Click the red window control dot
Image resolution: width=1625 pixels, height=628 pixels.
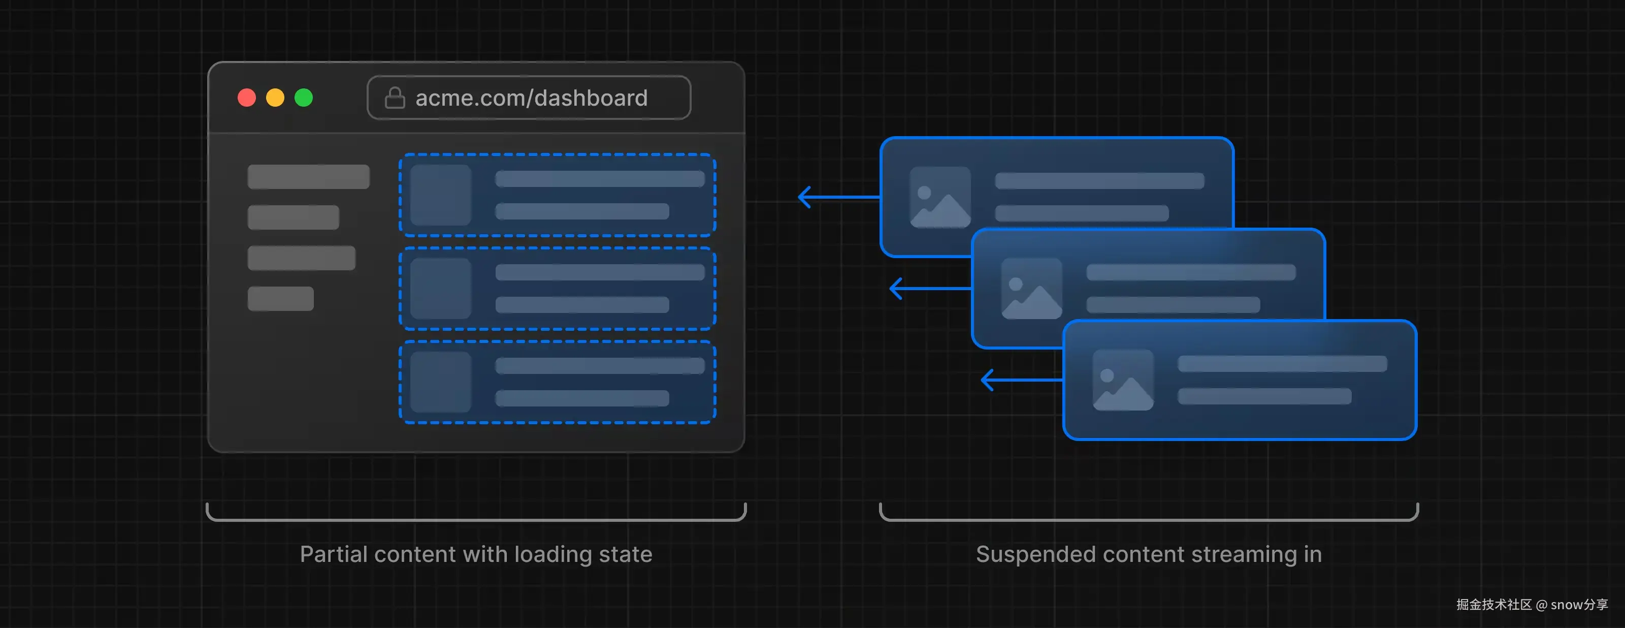[x=247, y=98]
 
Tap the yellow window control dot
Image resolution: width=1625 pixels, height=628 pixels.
[x=275, y=98]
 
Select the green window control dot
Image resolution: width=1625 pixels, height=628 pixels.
[x=304, y=98]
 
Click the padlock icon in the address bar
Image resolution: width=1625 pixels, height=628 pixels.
[x=395, y=98]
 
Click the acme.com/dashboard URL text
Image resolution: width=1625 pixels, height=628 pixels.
[x=531, y=98]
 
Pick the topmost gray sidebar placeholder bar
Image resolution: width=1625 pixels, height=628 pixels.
[x=308, y=177]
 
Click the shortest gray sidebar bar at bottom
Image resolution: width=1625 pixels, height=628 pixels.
[x=280, y=299]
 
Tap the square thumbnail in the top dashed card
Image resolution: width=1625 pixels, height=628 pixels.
[x=440, y=195]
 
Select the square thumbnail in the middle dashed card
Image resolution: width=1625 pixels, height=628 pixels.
[x=440, y=289]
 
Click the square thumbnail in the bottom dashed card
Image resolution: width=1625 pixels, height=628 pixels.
[x=440, y=382]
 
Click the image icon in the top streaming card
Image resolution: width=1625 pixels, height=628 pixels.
[x=940, y=197]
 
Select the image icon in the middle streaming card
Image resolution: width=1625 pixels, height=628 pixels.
[x=1031, y=289]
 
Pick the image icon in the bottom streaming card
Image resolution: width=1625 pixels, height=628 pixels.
[x=1123, y=380]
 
